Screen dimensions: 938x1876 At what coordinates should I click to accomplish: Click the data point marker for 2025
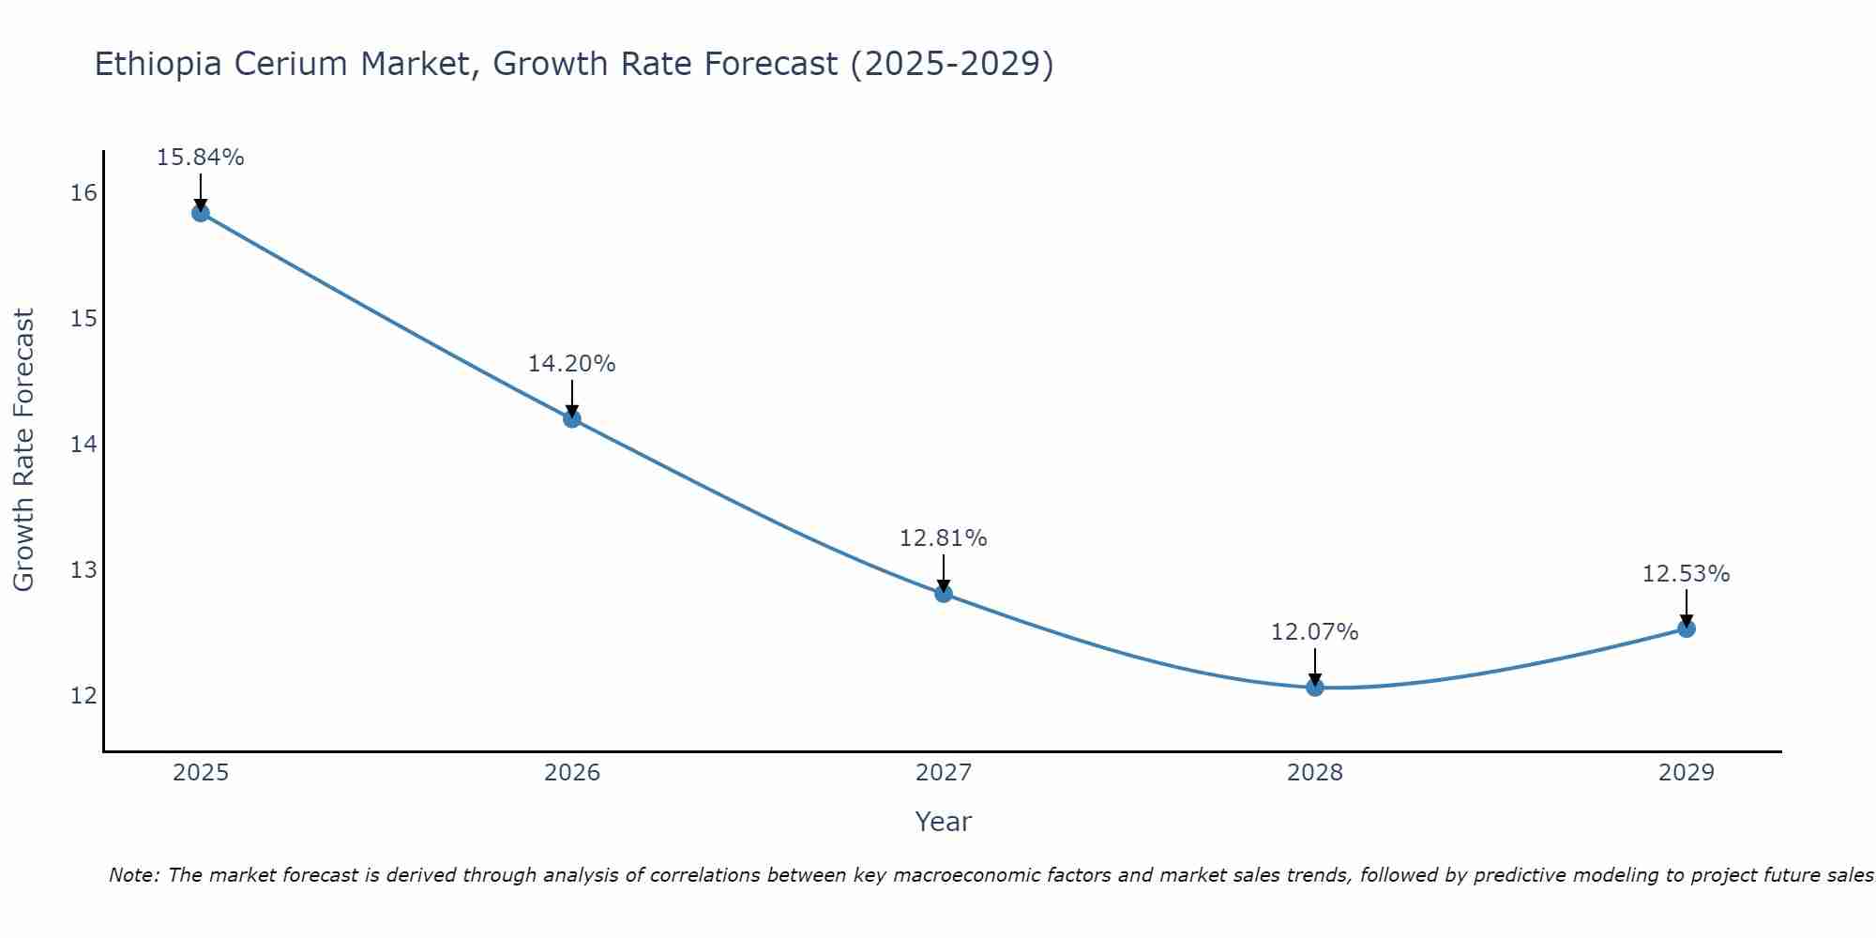pyautogui.click(x=201, y=213)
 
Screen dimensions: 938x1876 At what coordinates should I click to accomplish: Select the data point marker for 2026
pyautogui.click(x=572, y=418)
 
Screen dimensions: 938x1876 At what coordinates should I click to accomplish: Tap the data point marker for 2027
pyautogui.click(x=944, y=593)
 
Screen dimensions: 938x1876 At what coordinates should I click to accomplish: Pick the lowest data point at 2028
pyautogui.click(x=1315, y=687)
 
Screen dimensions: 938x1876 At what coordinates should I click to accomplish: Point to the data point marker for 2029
pyautogui.click(x=1687, y=628)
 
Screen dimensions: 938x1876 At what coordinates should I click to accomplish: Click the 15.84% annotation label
pyautogui.click(x=201, y=158)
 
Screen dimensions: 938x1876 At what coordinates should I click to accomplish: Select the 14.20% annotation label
pyautogui.click(x=572, y=364)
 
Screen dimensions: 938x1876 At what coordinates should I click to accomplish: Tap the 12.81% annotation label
pyautogui.click(x=944, y=538)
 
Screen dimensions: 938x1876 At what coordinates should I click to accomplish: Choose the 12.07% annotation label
pyautogui.click(x=1315, y=632)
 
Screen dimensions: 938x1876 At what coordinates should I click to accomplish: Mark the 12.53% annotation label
pyautogui.click(x=1687, y=574)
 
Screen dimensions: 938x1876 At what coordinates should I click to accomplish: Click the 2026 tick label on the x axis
pyautogui.click(x=572, y=773)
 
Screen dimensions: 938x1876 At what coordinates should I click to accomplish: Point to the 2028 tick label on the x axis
pyautogui.click(x=1315, y=773)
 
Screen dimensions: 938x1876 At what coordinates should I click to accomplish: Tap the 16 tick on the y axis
pyautogui.click(x=83, y=193)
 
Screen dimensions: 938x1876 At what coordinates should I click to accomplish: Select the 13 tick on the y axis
pyautogui.click(x=83, y=570)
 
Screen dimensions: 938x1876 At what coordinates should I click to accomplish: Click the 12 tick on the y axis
pyautogui.click(x=83, y=695)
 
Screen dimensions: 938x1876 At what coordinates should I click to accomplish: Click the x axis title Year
pyautogui.click(x=944, y=822)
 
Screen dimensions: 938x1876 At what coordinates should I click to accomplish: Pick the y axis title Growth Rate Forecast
pyautogui.click(x=24, y=450)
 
